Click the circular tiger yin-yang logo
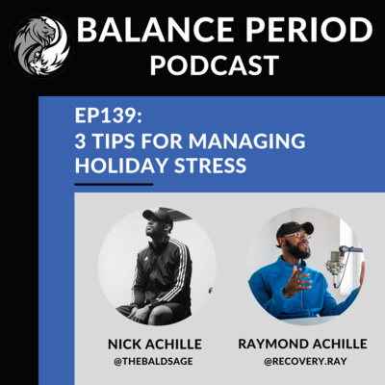click(41, 45)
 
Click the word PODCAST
click(215, 65)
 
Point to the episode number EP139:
click(109, 115)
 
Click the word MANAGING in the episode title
click(247, 141)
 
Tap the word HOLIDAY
click(121, 166)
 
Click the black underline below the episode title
click(114, 184)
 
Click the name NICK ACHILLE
click(155, 345)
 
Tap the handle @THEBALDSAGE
click(153, 361)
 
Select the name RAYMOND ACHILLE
click(302, 344)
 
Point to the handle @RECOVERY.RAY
click(305, 361)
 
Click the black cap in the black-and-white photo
click(158, 216)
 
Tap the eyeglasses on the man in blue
click(297, 236)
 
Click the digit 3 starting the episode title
click(81, 141)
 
